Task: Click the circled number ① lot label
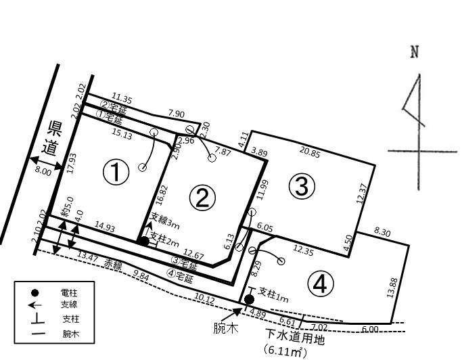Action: [116, 173]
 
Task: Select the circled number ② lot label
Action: [202, 198]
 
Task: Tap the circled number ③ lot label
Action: [302, 186]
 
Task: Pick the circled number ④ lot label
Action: [321, 284]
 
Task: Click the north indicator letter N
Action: [415, 52]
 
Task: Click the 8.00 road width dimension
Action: [43, 172]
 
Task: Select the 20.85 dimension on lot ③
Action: [310, 152]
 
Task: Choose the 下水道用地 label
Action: [295, 337]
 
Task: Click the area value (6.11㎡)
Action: [285, 351]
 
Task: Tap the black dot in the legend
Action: [35, 293]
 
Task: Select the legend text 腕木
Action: [71, 334]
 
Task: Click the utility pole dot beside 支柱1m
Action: [250, 300]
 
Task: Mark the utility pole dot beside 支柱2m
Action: [144, 242]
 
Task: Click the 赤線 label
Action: [113, 265]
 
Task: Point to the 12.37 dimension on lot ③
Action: [362, 194]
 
